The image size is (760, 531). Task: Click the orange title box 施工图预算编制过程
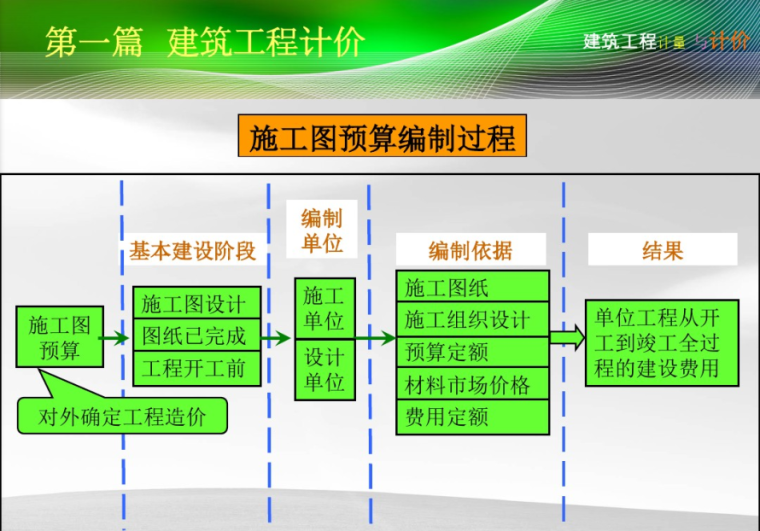(381, 137)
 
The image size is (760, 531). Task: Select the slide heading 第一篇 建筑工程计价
(205, 43)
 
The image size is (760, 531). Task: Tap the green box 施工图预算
(59, 338)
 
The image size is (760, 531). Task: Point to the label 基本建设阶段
(193, 251)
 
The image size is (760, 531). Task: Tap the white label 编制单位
(321, 231)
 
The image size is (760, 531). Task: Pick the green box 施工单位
(324, 308)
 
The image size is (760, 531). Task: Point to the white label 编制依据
(470, 251)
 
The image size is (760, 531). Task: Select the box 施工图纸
(472, 288)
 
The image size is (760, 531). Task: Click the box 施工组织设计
(472, 320)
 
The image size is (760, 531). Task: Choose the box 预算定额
(472, 352)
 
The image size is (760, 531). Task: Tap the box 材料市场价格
(472, 384)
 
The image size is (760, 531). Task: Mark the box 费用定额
(472, 416)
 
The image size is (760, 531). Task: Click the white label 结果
(662, 250)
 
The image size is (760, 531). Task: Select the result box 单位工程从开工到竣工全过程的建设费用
(662, 344)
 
